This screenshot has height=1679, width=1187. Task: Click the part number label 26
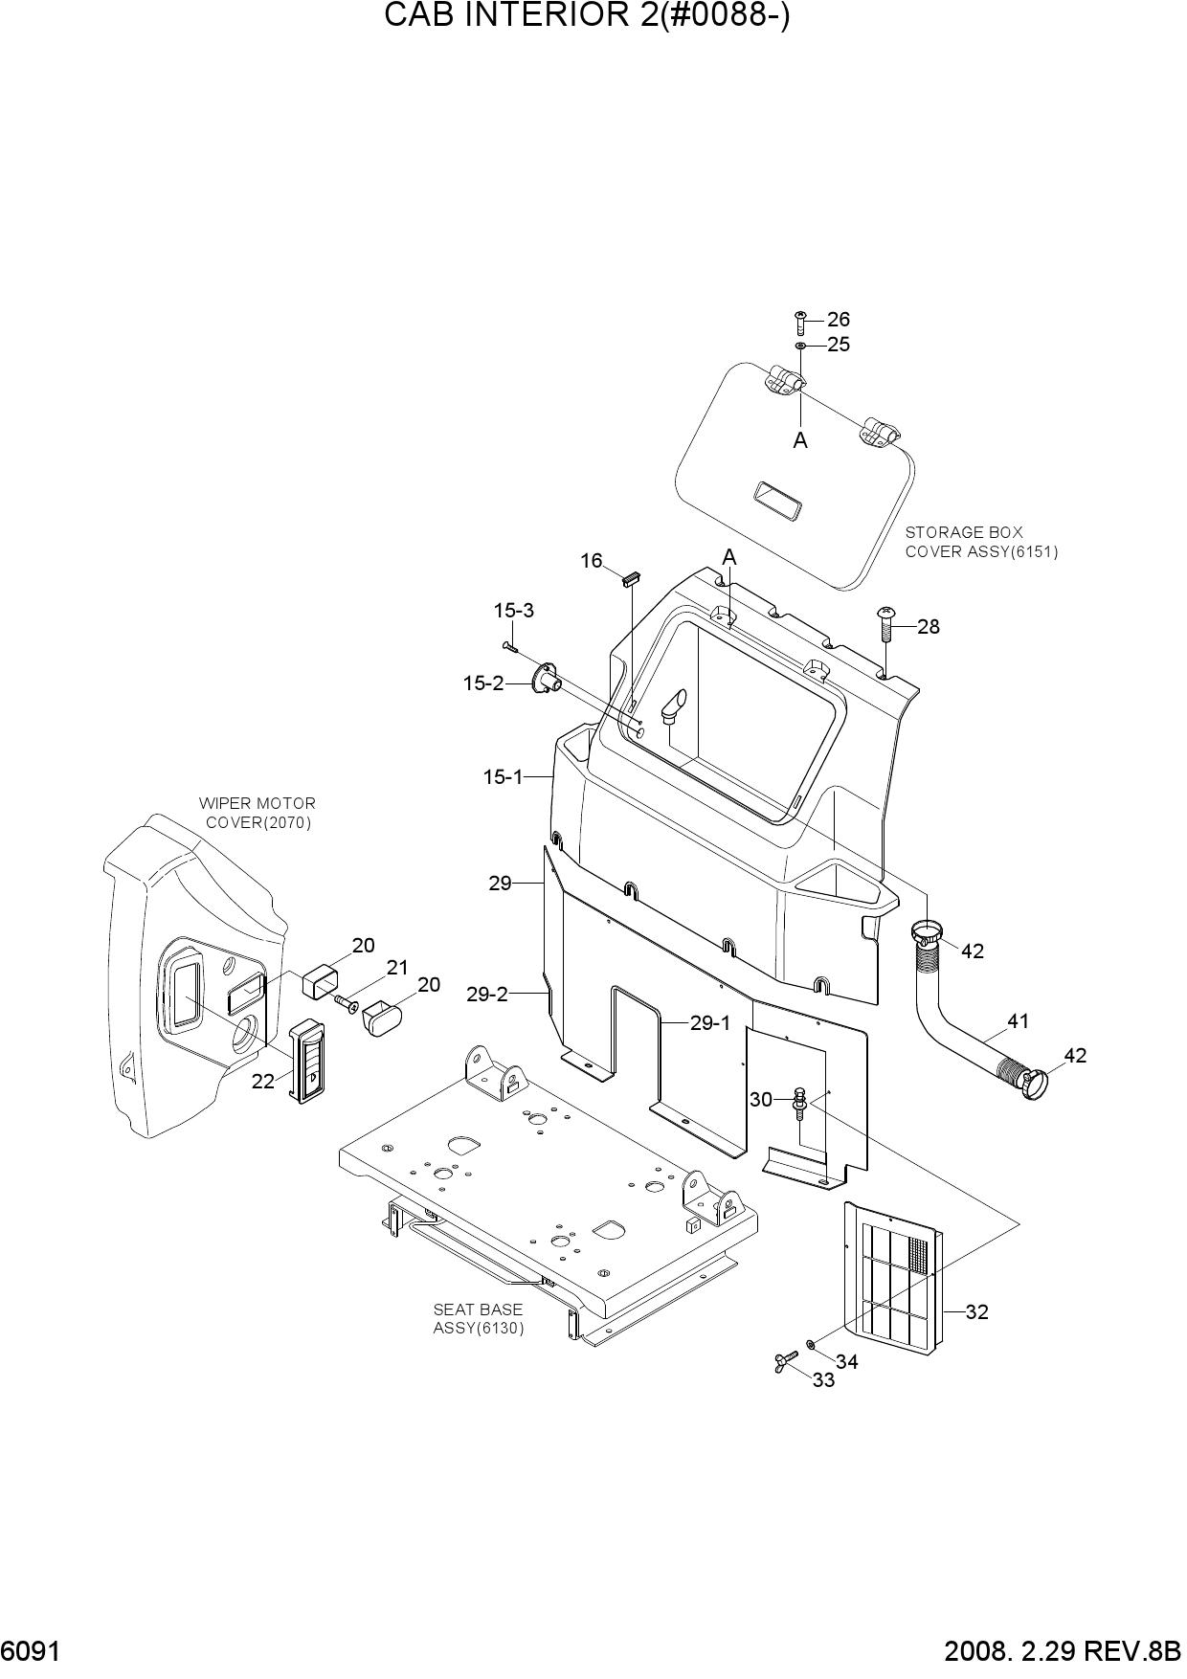(x=838, y=320)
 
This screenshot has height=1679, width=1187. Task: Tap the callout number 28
(x=928, y=627)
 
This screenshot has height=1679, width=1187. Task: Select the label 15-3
(x=514, y=611)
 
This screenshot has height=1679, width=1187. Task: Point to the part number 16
(x=592, y=561)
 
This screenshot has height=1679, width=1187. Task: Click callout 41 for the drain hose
(x=1018, y=1021)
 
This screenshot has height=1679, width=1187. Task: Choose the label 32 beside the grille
(x=976, y=1312)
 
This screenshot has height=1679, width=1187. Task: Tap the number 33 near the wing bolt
(x=823, y=1380)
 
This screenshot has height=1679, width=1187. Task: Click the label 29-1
(x=710, y=1023)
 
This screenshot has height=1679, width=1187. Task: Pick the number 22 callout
(x=263, y=1081)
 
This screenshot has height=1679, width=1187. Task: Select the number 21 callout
(x=397, y=968)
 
